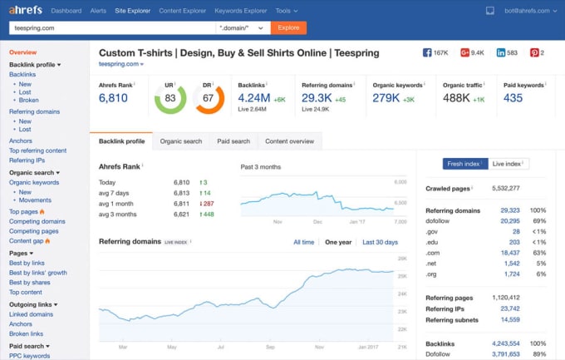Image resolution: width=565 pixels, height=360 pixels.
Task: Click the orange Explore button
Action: (x=288, y=27)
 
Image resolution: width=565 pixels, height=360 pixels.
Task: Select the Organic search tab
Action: (x=180, y=141)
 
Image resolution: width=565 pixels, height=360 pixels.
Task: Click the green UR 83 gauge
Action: (x=169, y=99)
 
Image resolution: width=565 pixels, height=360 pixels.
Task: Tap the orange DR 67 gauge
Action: (x=209, y=99)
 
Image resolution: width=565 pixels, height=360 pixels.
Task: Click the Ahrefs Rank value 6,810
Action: (x=113, y=98)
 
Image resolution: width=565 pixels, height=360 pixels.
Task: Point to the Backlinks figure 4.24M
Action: (x=253, y=97)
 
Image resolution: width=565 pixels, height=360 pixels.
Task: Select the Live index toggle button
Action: (x=508, y=165)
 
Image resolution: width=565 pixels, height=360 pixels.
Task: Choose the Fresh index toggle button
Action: (x=464, y=165)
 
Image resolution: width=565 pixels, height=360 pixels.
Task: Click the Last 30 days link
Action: (x=380, y=242)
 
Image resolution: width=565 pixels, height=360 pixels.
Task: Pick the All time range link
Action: (x=303, y=242)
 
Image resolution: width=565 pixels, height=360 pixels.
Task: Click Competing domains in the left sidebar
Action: (x=37, y=221)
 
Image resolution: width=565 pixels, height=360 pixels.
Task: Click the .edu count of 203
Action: (x=513, y=242)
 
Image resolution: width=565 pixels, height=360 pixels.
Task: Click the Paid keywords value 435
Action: (x=513, y=98)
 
